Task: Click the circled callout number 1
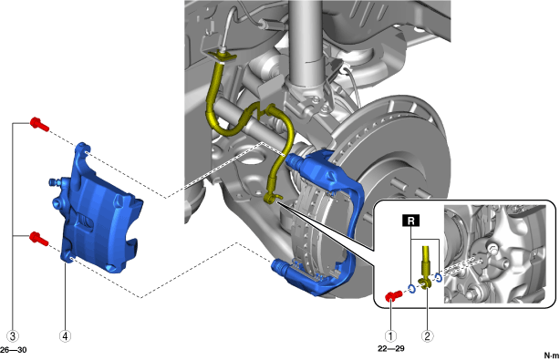click(390, 335)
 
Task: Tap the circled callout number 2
click(428, 335)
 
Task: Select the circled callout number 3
click(13, 335)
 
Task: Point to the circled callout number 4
click(65, 335)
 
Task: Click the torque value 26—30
click(13, 350)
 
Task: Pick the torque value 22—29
click(391, 348)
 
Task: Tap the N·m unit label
click(552, 355)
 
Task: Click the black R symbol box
click(410, 221)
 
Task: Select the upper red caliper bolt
click(39, 124)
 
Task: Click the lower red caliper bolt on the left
click(39, 239)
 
